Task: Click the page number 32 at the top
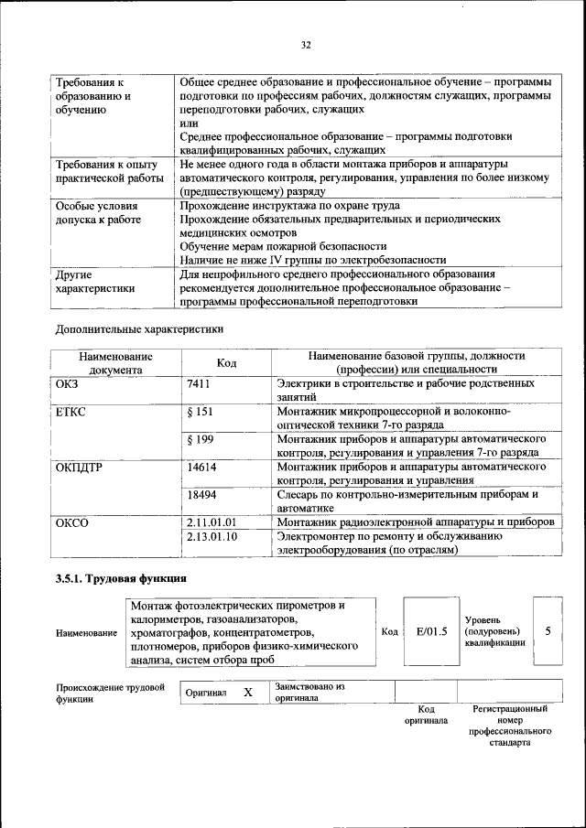click(306, 45)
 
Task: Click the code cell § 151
click(200, 412)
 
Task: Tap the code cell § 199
click(200, 440)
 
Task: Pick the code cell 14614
click(201, 467)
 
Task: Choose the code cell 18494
click(201, 494)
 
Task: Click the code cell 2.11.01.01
click(211, 522)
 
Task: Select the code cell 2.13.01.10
click(211, 536)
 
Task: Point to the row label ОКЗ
click(68, 385)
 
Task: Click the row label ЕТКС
click(71, 412)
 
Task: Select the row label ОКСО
click(71, 522)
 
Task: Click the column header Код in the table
click(226, 363)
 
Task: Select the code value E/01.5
click(430, 631)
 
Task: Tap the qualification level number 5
click(548, 630)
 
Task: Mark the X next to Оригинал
click(247, 693)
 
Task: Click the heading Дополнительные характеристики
click(139, 328)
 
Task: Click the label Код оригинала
click(426, 715)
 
